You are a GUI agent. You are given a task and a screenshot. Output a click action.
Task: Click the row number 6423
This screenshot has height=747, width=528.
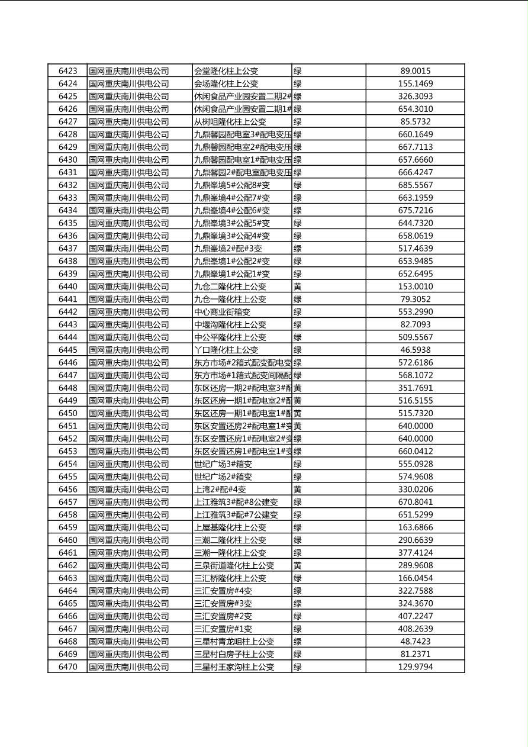[x=67, y=71]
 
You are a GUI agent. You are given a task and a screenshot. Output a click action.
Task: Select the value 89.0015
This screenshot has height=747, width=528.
[x=415, y=71]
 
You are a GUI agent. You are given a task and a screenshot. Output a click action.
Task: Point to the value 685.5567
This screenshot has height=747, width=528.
[x=415, y=185]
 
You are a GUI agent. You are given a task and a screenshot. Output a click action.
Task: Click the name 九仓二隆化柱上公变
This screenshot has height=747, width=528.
[x=230, y=286]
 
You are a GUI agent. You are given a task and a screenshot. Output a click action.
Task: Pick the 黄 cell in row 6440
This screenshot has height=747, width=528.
[x=298, y=286]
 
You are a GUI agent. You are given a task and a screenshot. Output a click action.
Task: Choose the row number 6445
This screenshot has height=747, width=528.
[x=67, y=350]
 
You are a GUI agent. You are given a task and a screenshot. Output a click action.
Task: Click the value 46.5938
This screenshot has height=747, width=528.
[x=415, y=350]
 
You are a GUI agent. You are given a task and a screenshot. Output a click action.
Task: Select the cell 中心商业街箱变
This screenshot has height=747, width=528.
[x=222, y=312]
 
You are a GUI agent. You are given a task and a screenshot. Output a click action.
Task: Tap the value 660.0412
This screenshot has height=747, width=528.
[x=415, y=452]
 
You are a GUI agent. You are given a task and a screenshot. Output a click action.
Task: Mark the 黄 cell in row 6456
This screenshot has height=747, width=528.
[x=298, y=490]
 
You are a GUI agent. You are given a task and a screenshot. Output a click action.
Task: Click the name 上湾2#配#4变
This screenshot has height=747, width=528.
[x=220, y=490]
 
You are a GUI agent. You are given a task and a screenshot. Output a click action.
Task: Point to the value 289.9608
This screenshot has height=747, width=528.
[x=415, y=565]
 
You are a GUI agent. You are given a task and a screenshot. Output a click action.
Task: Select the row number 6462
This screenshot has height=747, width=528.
[x=67, y=565]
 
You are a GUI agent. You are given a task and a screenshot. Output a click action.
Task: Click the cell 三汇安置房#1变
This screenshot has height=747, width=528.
[x=223, y=629]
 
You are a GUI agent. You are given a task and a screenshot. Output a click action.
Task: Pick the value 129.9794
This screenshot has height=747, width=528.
[x=415, y=667]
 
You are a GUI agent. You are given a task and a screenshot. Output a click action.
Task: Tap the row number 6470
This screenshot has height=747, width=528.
[x=67, y=667]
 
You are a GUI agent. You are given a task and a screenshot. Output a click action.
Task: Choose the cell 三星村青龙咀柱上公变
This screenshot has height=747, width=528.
[x=234, y=642]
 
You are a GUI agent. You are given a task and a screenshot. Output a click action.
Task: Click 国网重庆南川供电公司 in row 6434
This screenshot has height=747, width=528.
[x=129, y=211]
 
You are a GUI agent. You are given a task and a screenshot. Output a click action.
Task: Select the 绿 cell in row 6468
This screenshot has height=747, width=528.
[x=298, y=642]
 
